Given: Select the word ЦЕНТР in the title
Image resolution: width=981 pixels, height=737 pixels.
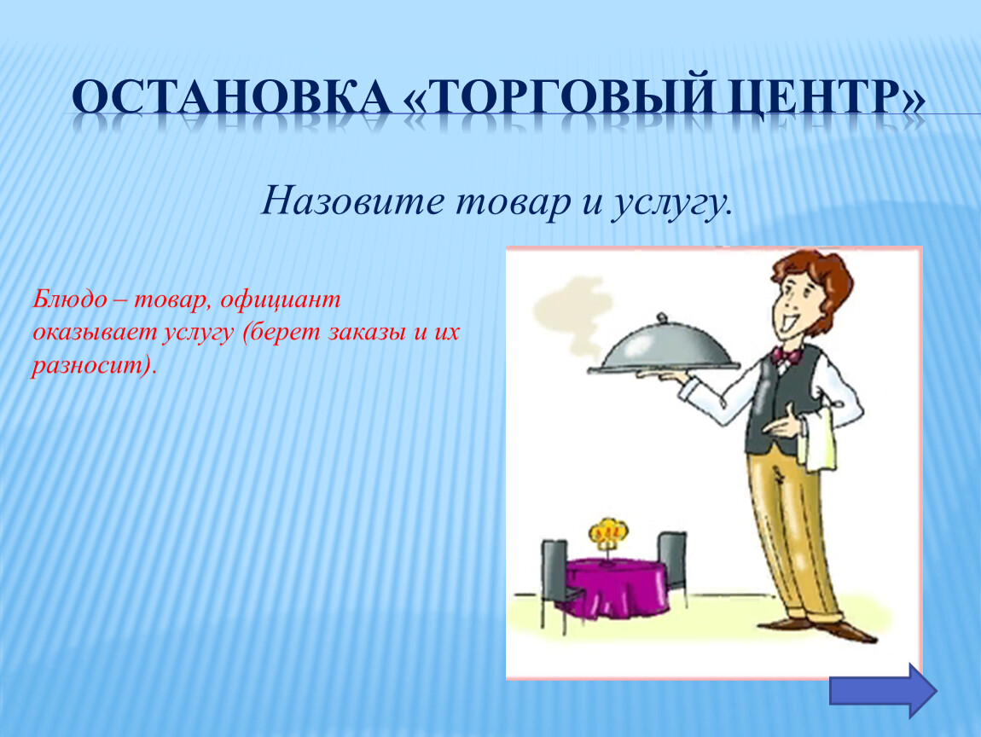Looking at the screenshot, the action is pos(817,98).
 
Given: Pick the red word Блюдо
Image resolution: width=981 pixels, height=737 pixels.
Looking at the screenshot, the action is pos(69,299).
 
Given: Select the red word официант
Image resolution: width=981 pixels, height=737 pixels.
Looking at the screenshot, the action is pos(280,300).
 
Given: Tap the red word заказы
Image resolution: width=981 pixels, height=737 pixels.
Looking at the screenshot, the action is pos(366,332).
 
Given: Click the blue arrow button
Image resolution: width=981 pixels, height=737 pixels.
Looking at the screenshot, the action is pos(883,691).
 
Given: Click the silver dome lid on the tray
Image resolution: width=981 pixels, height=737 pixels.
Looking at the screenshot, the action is pos(663,344).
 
